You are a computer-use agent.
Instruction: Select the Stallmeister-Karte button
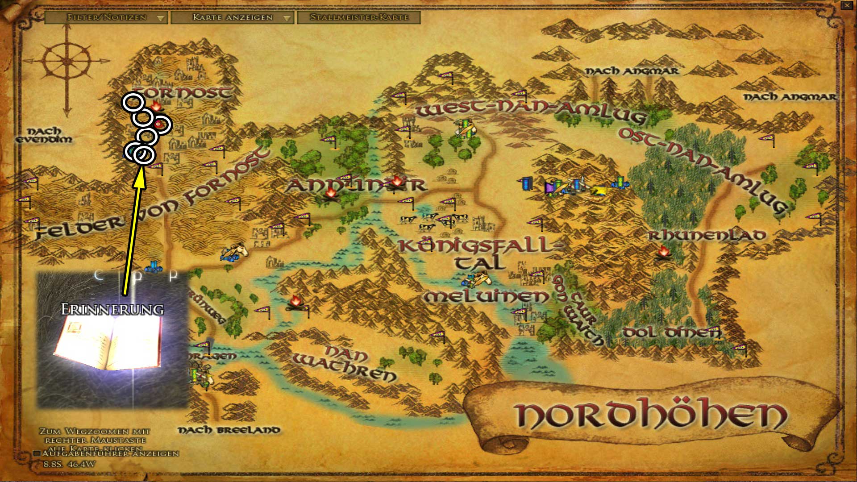point(359,18)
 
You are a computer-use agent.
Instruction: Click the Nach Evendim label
point(44,135)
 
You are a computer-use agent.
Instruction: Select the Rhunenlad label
point(707,236)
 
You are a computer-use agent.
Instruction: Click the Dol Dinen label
point(671,332)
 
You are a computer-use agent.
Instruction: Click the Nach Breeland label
point(229,430)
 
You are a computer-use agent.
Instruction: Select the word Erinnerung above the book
point(112,309)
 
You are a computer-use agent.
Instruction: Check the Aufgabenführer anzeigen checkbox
point(38,453)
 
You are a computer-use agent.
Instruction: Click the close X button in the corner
point(847,6)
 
